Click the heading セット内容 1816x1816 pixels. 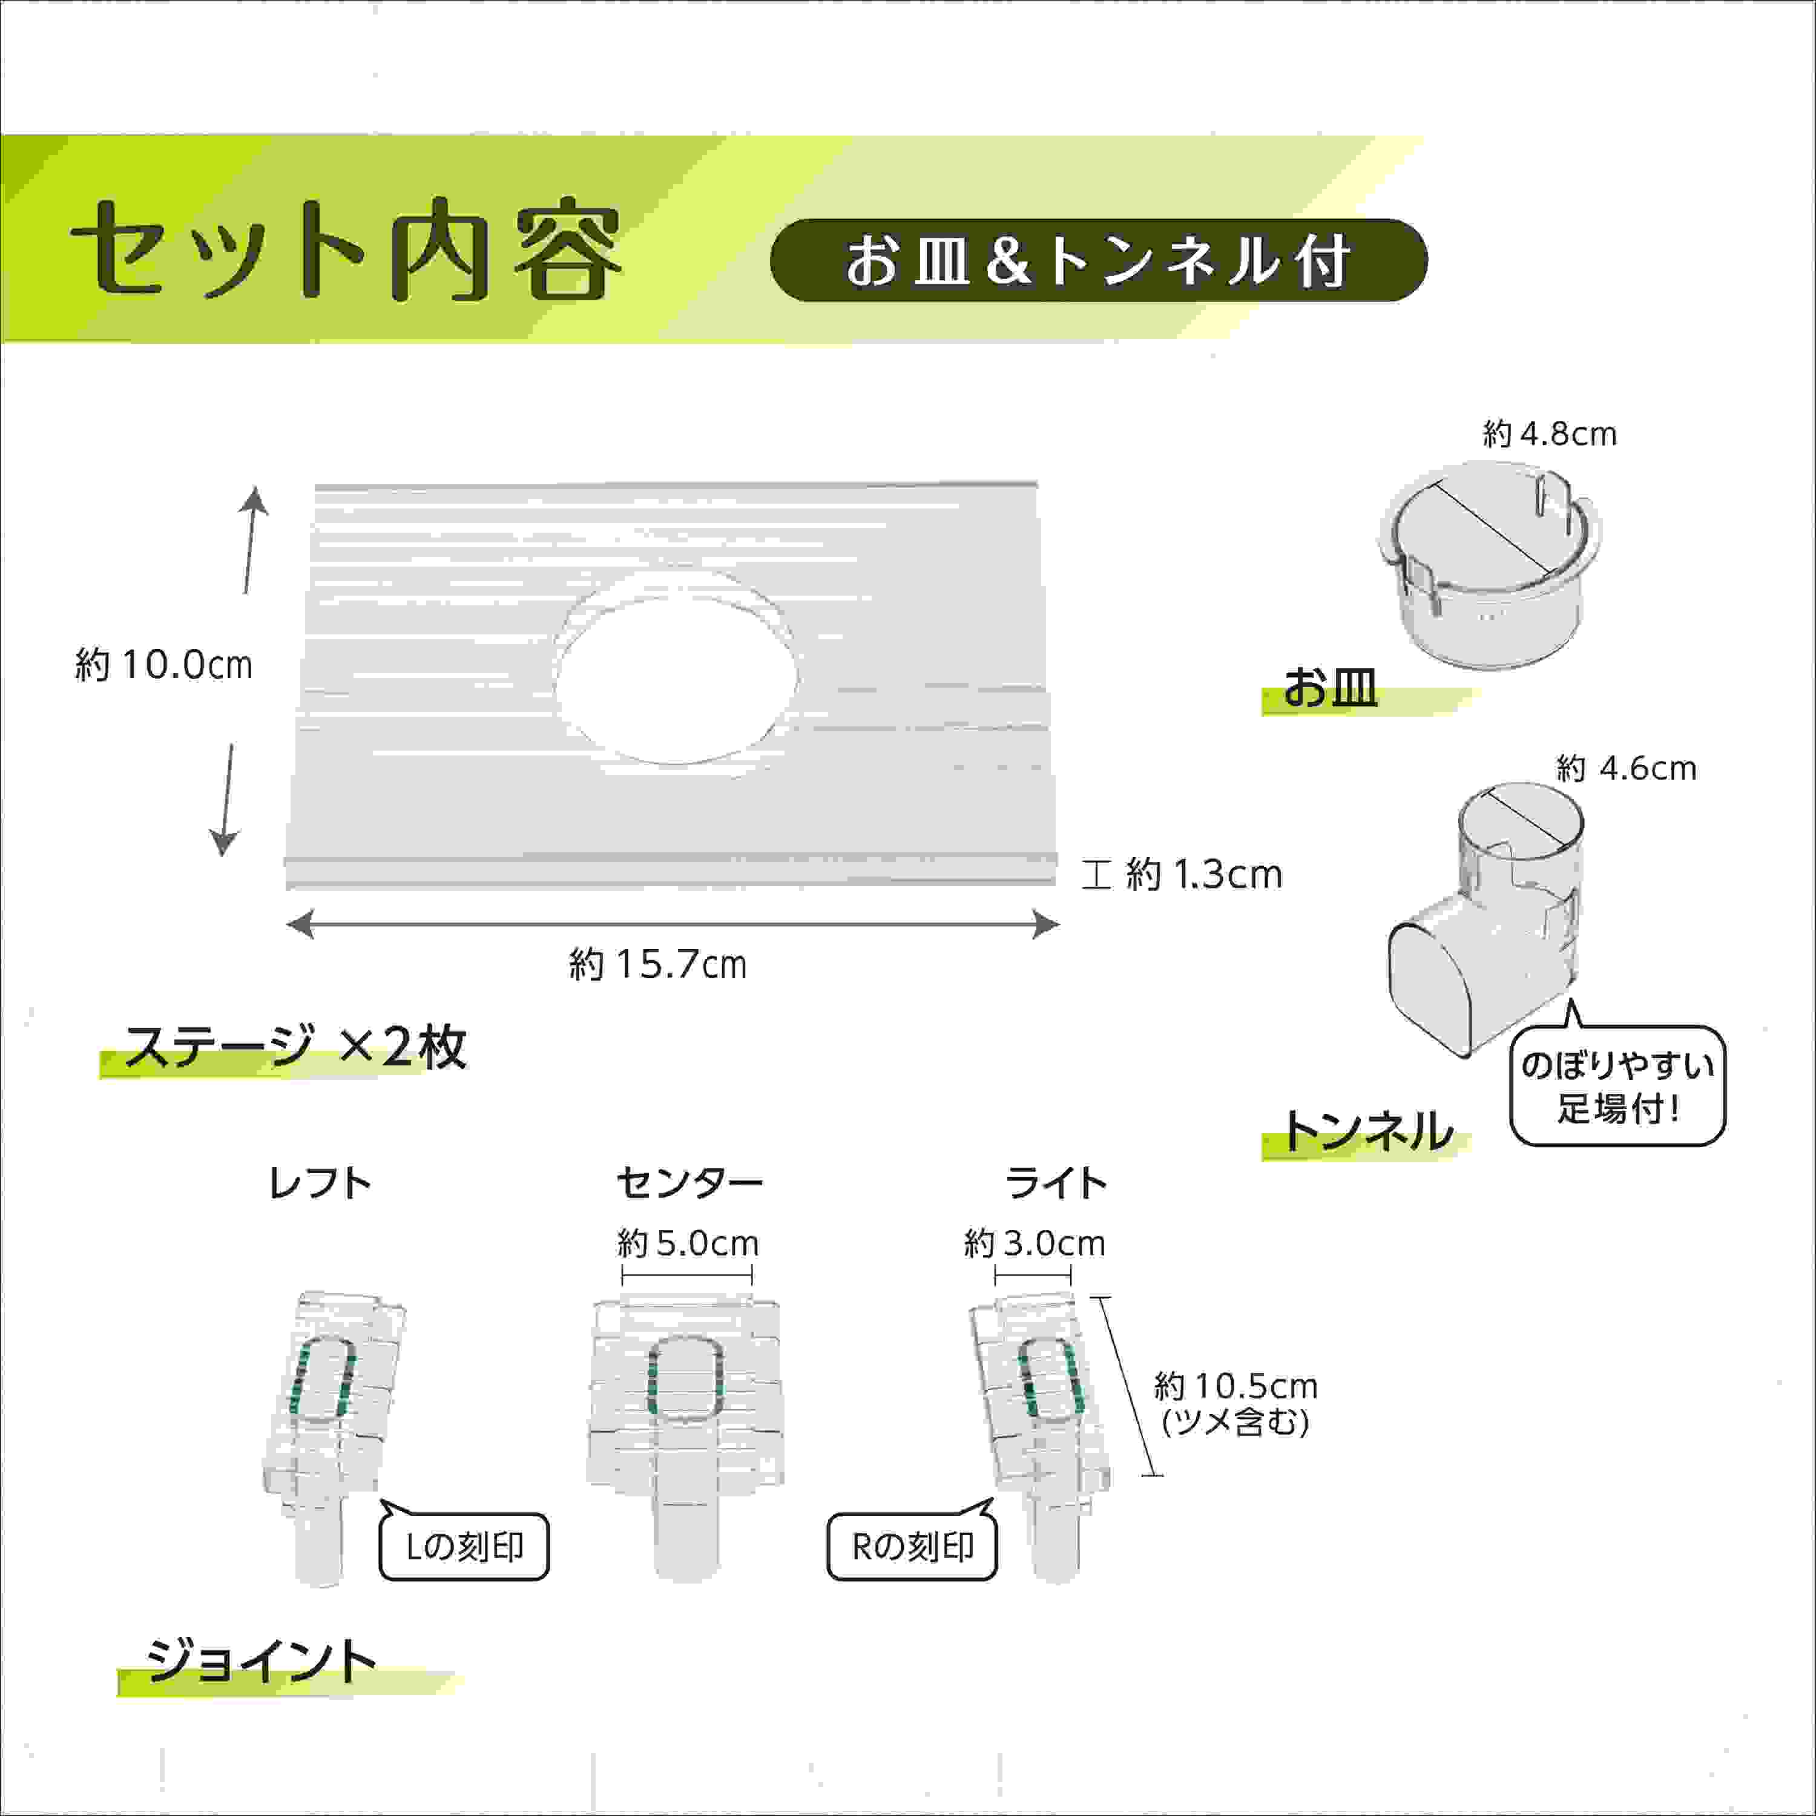click(x=346, y=250)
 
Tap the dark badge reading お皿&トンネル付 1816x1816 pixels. click(x=1098, y=260)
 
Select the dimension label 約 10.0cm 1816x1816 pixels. click(x=163, y=665)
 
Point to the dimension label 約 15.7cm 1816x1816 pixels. click(x=658, y=964)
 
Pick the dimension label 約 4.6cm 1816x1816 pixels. click(x=1626, y=769)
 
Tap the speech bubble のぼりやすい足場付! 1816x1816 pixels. click(x=1617, y=1085)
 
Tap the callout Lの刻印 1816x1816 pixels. click(x=464, y=1546)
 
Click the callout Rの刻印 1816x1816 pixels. click(x=912, y=1546)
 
